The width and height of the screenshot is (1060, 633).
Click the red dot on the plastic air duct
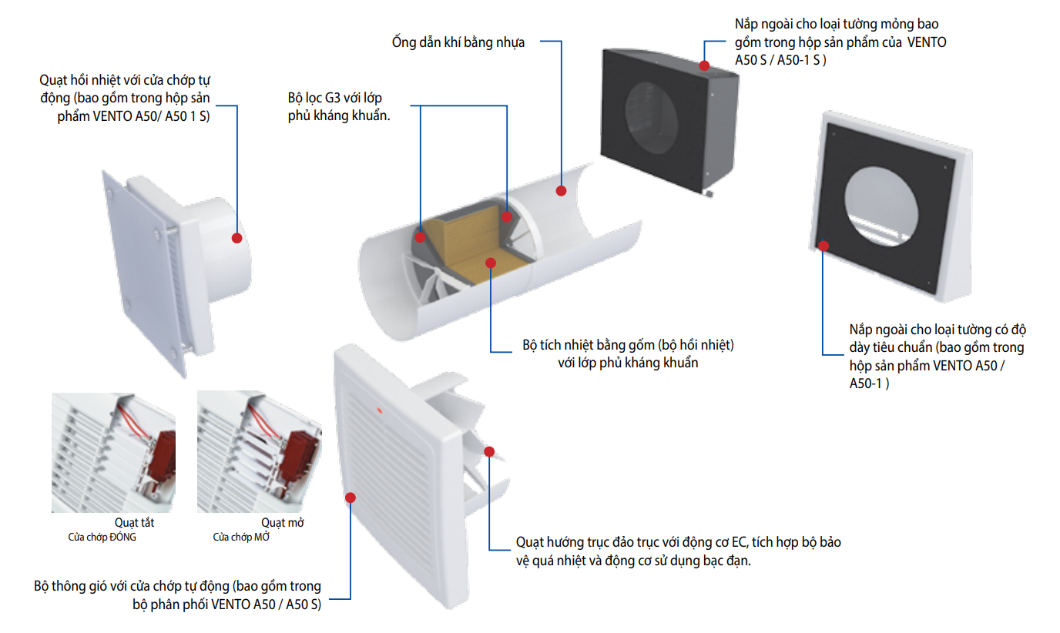click(x=561, y=190)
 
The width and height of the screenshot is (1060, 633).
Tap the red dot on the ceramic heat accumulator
click(x=490, y=263)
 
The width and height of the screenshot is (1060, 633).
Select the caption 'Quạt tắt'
click(x=134, y=523)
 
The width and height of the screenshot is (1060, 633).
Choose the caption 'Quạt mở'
click(x=282, y=523)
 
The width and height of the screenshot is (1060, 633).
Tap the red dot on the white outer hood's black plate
click(x=824, y=246)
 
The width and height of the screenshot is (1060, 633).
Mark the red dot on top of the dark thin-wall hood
click(x=704, y=66)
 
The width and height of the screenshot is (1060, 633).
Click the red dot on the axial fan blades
click(x=489, y=451)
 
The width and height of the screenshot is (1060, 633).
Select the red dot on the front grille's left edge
click(x=351, y=497)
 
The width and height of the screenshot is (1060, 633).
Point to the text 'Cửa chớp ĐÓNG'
click(x=102, y=538)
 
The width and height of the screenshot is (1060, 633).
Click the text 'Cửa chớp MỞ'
click(x=241, y=538)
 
